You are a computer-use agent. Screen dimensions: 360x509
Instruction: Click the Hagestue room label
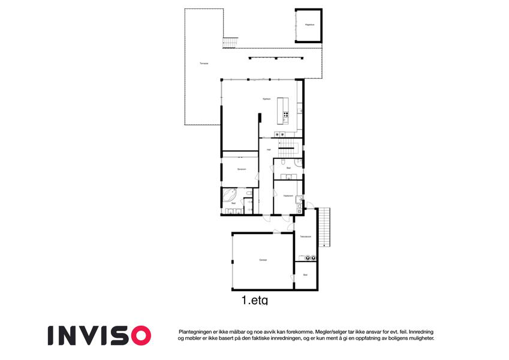[309, 25]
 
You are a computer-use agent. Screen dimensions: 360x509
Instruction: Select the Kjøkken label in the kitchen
[267, 98]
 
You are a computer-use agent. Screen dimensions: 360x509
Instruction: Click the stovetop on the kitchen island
[285, 114]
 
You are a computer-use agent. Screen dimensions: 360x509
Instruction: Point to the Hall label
[269, 149]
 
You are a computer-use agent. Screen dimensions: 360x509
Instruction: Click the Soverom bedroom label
[242, 169]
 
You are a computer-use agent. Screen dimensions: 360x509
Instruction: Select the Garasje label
[263, 260]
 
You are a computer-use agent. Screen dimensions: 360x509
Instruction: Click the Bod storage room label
[305, 275]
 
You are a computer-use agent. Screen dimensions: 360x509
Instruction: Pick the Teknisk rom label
[306, 237]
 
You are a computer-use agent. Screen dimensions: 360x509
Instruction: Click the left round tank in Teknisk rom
[307, 258]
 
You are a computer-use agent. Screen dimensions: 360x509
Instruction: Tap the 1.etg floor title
[254, 299]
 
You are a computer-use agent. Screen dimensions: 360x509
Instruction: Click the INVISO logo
[100, 335]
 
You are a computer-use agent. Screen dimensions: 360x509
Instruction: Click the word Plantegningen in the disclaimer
[197, 331]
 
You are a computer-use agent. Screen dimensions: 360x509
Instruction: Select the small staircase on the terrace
[230, 43]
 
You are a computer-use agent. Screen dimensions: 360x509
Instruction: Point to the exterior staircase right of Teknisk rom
[324, 226]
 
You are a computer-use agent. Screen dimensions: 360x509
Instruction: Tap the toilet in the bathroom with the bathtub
[249, 193]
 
